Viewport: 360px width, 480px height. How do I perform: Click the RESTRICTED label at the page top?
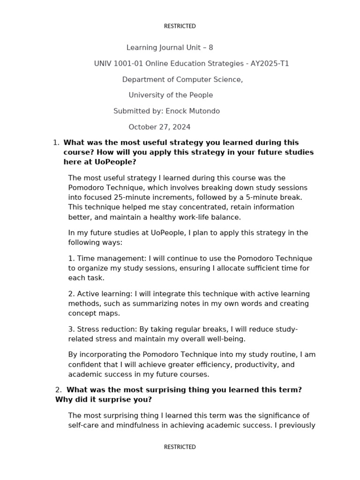(180, 26)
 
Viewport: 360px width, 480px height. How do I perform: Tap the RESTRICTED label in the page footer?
(180, 447)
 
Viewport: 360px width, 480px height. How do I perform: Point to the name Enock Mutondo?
(193, 111)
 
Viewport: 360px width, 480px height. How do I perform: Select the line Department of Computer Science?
(182, 79)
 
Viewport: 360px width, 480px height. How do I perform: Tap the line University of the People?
(171, 95)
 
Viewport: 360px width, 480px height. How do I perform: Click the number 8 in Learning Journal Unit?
(210, 47)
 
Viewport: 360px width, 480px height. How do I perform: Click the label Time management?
(110, 258)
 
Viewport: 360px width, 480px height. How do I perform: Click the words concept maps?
(94, 313)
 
